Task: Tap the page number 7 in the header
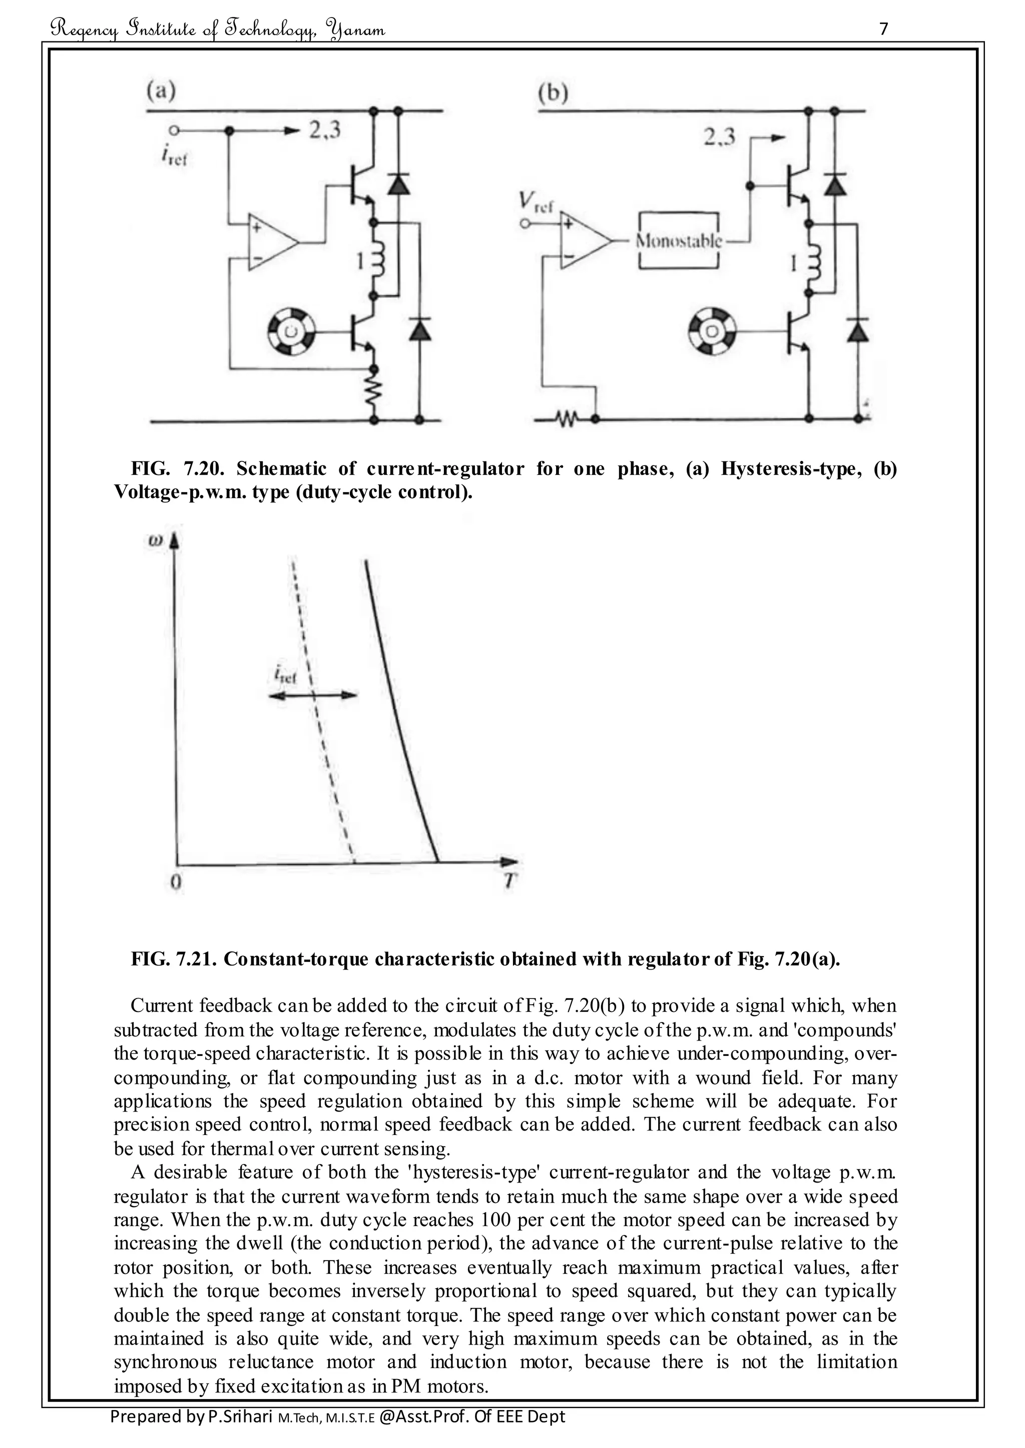(884, 29)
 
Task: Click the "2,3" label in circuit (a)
(324, 130)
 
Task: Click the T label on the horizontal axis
(510, 881)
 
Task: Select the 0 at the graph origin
(176, 881)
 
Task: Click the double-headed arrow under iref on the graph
(312, 695)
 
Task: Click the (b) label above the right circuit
(553, 93)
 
